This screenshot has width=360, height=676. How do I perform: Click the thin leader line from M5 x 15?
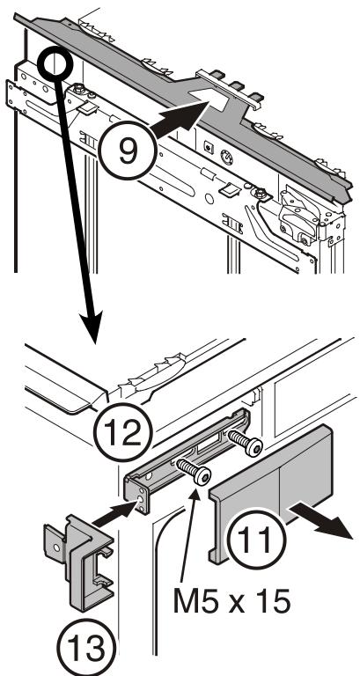click(x=194, y=528)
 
